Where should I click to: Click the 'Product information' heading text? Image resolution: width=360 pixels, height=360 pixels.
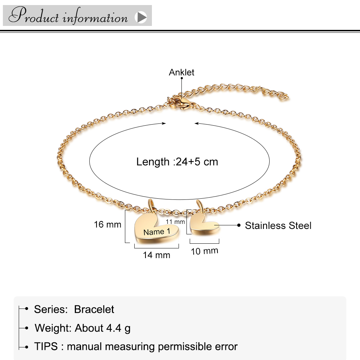68,16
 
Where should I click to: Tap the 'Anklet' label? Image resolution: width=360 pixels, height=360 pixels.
181,72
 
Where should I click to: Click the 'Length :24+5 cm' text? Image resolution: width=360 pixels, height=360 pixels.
177,162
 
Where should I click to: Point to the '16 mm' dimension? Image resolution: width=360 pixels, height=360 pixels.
108,225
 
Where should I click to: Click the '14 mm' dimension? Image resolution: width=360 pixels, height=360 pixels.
156,255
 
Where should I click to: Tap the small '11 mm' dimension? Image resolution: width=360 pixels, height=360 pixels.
175,222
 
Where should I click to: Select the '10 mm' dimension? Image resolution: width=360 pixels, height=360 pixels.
204,251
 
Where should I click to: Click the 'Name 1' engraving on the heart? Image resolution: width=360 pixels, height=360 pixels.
157,231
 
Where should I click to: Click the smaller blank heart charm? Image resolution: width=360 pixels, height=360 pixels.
203,225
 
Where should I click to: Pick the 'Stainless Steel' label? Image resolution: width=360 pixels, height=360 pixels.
278,226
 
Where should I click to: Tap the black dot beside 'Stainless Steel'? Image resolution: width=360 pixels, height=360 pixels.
238,225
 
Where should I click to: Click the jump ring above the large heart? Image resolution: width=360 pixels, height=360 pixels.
152,205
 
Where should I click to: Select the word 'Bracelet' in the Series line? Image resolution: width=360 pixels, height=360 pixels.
94,309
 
